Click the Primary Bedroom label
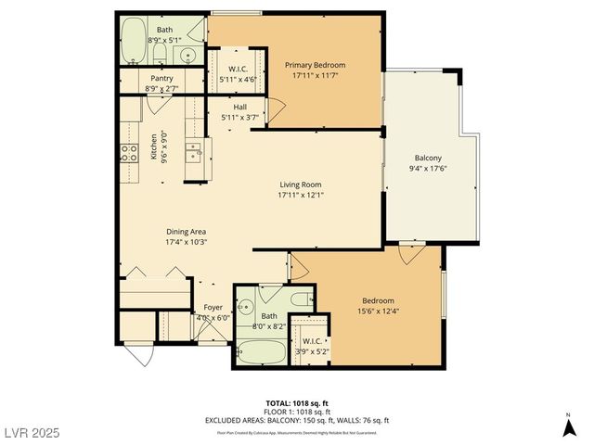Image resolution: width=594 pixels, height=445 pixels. coord(316,65)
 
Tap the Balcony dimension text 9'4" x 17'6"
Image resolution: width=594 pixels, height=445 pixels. coord(428,169)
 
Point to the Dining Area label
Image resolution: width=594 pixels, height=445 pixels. coord(187,231)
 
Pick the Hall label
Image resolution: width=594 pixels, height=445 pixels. coord(240,107)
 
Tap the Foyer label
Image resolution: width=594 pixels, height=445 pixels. coord(213,307)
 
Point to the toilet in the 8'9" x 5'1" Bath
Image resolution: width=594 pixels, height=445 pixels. coord(187,53)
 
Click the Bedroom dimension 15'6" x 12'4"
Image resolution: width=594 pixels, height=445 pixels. coord(378,311)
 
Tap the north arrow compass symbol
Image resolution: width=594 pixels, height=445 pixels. coord(568,427)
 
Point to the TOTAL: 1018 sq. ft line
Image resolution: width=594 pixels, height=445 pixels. coord(296,404)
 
